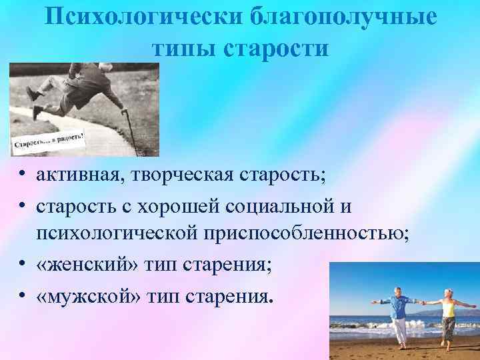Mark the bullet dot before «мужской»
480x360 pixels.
[23, 294]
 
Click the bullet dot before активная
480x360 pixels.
[23, 175]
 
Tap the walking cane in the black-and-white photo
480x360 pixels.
[130, 131]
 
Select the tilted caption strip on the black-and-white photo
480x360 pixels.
[50, 142]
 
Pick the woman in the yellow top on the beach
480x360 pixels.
[449, 313]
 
